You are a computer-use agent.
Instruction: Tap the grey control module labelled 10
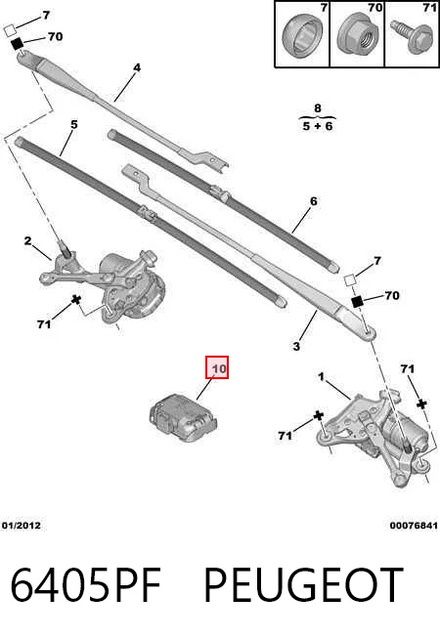tap(184, 418)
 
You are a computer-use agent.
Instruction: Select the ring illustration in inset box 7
tap(302, 35)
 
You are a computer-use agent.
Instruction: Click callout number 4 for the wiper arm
tap(137, 67)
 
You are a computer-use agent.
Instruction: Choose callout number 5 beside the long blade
tap(73, 124)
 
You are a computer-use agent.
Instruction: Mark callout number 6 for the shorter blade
tap(313, 201)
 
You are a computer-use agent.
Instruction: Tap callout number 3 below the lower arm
tap(296, 347)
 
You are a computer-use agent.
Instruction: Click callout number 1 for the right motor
tap(322, 377)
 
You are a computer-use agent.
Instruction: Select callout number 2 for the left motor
tap(27, 241)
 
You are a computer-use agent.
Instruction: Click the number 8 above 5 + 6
tap(318, 108)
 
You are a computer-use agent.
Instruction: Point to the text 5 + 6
tap(318, 126)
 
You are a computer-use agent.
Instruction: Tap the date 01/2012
tap(22, 526)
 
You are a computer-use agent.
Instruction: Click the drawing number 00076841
tap(414, 526)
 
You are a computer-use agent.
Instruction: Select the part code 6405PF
tap(86, 585)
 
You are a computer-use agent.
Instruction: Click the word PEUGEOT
tap(303, 585)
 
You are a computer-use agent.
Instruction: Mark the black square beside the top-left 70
tap(17, 43)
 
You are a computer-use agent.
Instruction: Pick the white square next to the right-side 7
tap(350, 280)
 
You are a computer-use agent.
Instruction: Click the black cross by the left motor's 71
tap(76, 300)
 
